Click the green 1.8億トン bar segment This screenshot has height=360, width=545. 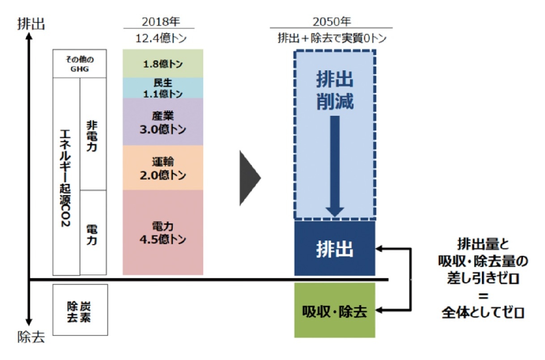[162, 64]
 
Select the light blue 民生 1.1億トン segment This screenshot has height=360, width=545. [162, 88]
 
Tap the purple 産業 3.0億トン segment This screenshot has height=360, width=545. [162, 122]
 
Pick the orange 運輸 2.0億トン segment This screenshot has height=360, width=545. [162, 168]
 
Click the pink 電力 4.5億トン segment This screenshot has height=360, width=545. [162, 232]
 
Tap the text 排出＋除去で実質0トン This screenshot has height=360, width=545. [332, 38]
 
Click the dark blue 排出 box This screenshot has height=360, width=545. [334, 249]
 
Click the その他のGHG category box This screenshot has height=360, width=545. [79, 64]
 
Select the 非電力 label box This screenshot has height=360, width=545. [93, 134]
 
